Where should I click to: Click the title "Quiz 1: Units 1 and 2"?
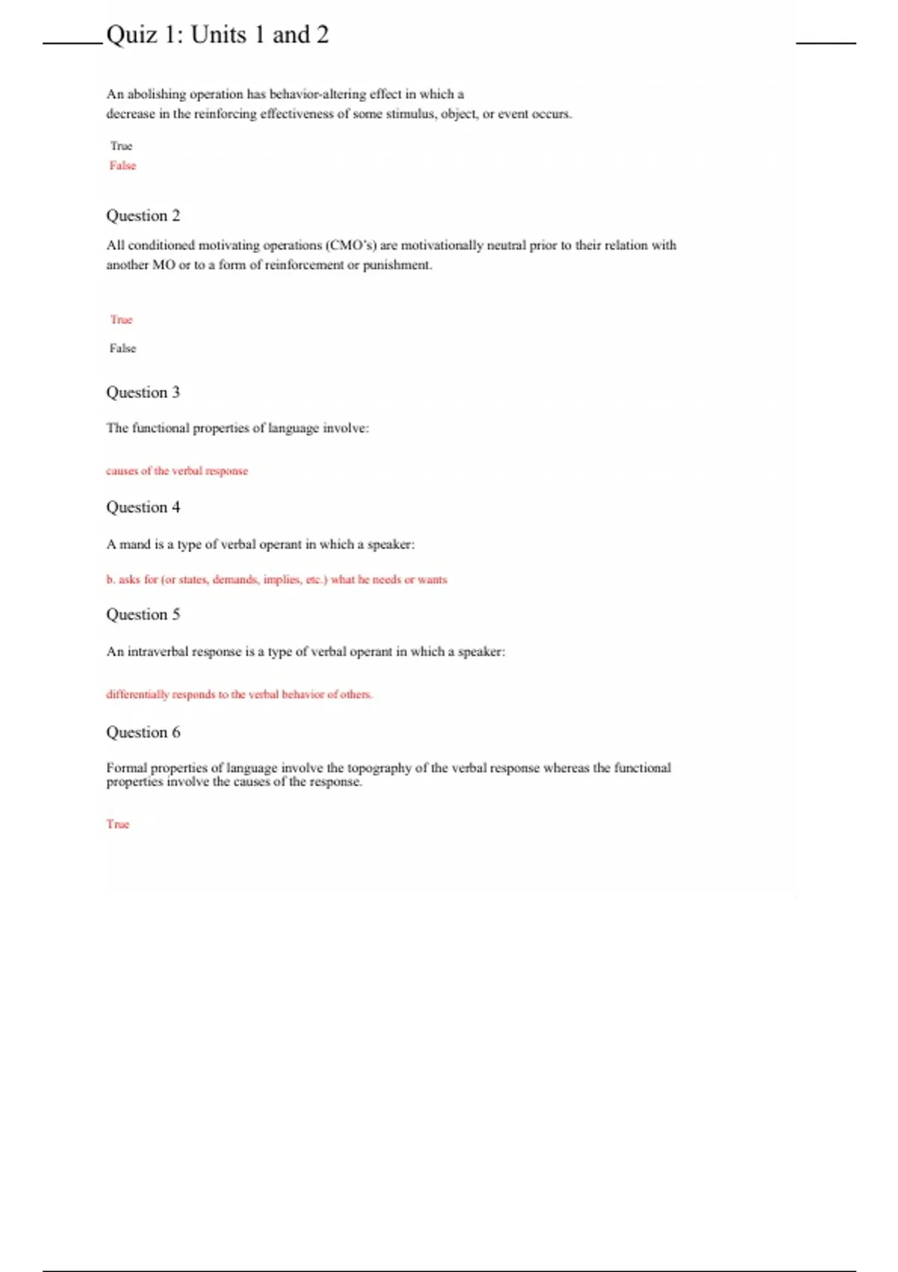217,35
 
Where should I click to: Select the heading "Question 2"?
143,215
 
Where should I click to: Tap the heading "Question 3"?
143,392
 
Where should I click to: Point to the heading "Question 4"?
143,507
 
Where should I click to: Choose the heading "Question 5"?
143,614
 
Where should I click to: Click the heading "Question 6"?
143,732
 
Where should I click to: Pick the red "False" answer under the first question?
123,165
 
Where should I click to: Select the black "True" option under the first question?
121,146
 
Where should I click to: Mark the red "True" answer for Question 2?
121,319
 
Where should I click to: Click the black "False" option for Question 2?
123,348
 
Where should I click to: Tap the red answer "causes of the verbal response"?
177,471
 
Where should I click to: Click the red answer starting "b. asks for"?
276,579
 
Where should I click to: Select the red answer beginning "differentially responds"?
239,694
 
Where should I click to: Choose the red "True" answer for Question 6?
117,824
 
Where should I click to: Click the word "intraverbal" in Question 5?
157,652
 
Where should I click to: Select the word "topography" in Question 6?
379,768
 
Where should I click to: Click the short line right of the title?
825,43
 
